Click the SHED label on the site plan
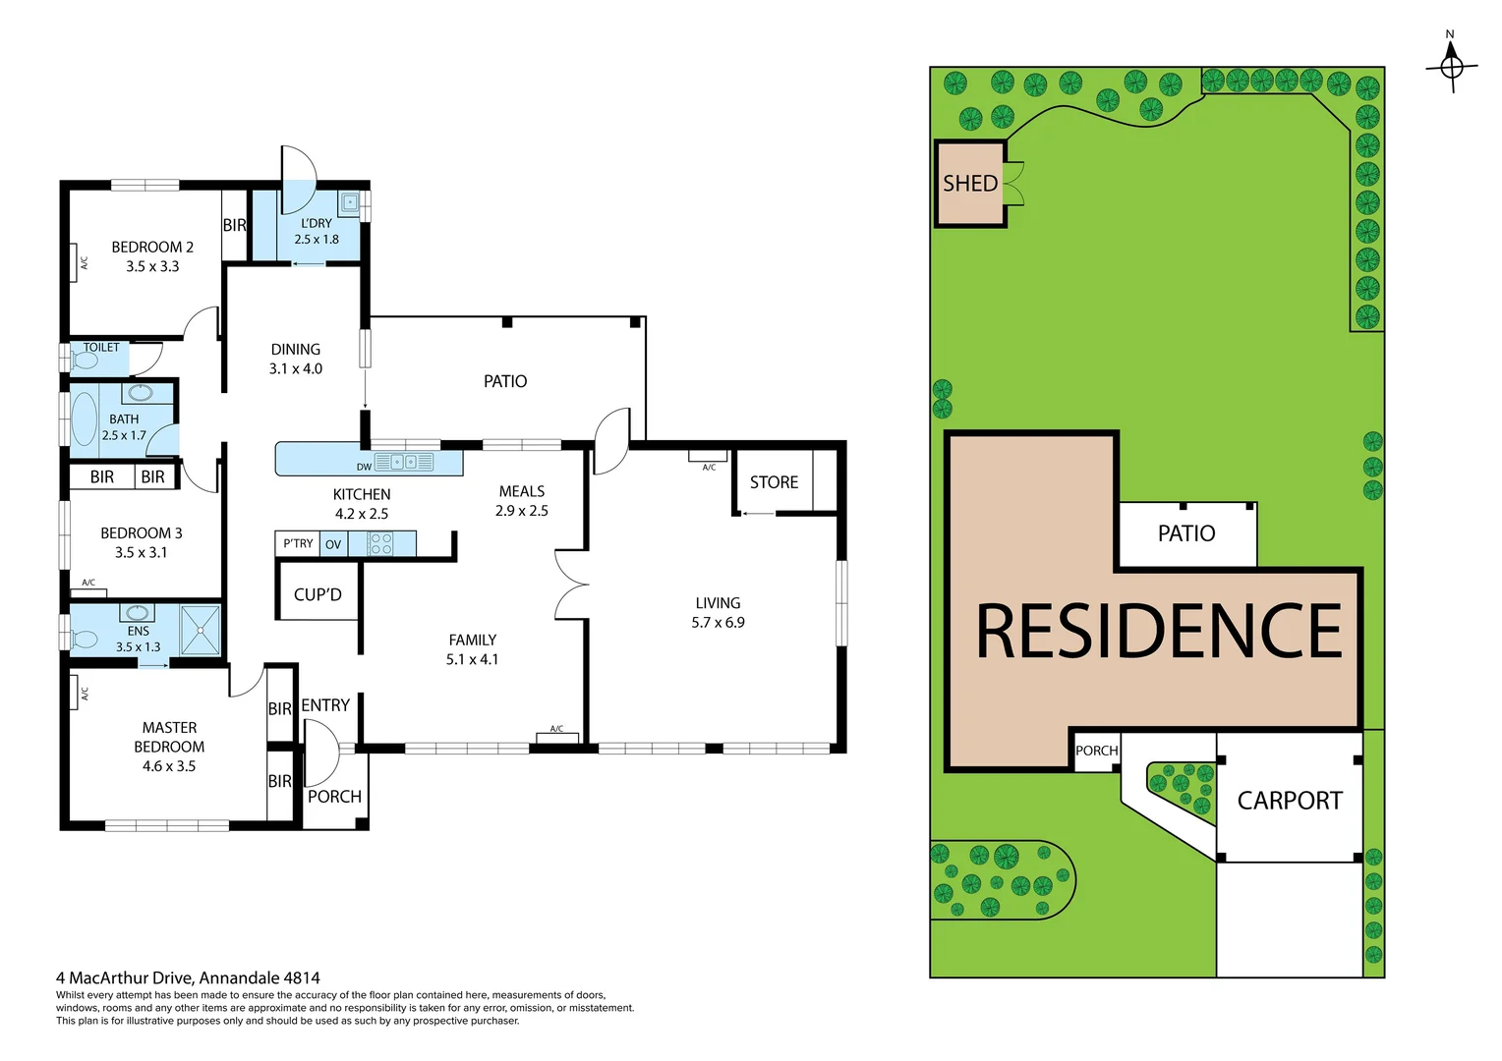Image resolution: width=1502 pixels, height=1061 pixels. coord(969,184)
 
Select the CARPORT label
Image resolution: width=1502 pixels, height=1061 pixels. coord(1289,801)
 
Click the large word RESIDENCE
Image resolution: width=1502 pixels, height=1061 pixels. coord(1158,632)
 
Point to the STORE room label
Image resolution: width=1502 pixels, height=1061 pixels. coord(774,482)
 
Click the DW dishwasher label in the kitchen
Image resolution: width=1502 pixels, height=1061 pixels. coord(364,467)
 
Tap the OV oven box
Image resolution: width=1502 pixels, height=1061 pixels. coord(333,544)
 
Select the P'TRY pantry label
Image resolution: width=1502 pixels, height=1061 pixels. coord(298,543)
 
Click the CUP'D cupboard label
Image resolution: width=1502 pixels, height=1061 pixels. coord(318,594)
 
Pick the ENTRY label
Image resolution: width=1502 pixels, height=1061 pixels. coord(325,705)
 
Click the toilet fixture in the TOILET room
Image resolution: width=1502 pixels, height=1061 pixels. coord(85,361)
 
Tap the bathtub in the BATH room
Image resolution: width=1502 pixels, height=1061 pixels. coord(85,419)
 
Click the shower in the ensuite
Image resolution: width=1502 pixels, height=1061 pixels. coord(201,630)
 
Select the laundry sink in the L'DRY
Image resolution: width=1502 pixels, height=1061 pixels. coord(350,203)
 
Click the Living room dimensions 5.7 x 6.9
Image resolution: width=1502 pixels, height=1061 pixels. coord(718,623)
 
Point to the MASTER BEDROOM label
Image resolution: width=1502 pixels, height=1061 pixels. coord(169,737)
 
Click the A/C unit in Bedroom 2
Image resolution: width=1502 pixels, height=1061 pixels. coord(75,262)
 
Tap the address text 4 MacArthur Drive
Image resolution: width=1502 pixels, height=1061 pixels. coord(188,977)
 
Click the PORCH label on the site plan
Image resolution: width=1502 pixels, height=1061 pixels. coord(1096,751)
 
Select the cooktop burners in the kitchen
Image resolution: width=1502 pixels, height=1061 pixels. coord(381,544)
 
